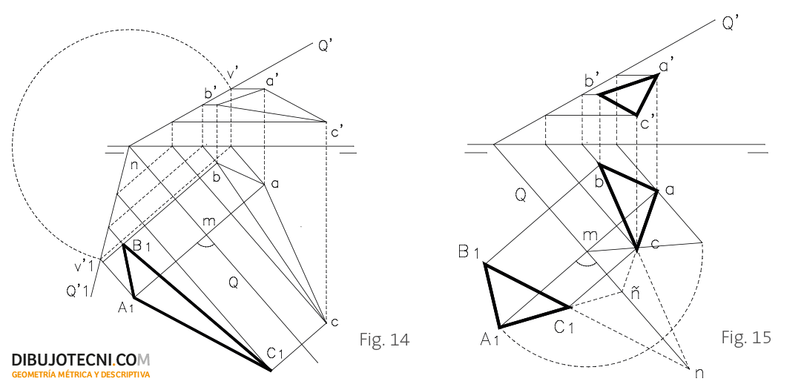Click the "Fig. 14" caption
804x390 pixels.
tap(384, 340)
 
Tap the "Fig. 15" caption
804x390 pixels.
tap(746, 337)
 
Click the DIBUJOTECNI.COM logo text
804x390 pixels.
tap(81, 360)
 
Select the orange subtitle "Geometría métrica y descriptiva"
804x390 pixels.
tap(81, 374)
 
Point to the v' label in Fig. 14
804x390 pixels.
tap(233, 74)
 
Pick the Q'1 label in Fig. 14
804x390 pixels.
tap(77, 291)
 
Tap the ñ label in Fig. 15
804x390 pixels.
tap(635, 294)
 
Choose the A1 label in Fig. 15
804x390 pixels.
tap(489, 339)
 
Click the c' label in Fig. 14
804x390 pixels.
tap(337, 132)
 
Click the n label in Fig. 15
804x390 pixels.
tap(699, 374)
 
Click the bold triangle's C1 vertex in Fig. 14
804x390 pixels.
tap(270, 369)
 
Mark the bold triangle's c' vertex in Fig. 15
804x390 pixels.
tap(636, 115)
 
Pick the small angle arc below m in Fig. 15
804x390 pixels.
tap(586, 265)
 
